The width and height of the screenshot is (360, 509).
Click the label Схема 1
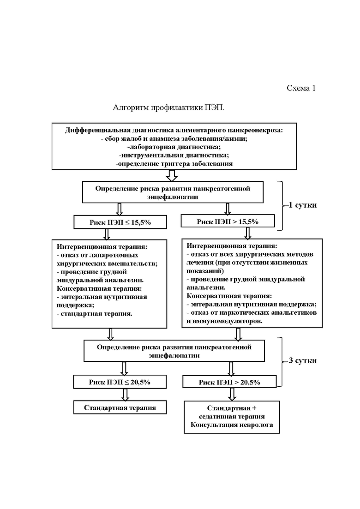pyautogui.click(x=301, y=88)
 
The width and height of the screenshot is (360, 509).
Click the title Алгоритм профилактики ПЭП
pyautogui.click(x=168, y=108)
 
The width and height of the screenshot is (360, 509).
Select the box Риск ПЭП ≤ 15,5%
pyautogui.click(x=120, y=222)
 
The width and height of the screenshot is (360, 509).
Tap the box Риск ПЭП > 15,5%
pyautogui.click(x=228, y=222)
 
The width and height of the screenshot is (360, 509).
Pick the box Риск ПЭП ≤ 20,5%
pyautogui.click(x=120, y=382)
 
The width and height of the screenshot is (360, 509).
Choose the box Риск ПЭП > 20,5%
pyautogui.click(x=229, y=382)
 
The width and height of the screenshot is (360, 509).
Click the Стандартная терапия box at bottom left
pyautogui.click(x=120, y=407)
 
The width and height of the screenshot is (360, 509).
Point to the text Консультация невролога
pyautogui.click(x=231, y=425)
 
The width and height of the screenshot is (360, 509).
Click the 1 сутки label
pyautogui.click(x=303, y=205)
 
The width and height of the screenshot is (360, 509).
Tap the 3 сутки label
pyautogui.click(x=303, y=360)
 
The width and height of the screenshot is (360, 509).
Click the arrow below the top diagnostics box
pyautogui.click(x=172, y=176)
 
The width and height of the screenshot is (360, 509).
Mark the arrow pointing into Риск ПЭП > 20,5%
pyautogui.click(x=231, y=369)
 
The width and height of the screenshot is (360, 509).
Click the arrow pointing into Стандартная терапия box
pyautogui.click(x=125, y=395)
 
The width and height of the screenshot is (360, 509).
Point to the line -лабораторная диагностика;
pyautogui.click(x=174, y=147)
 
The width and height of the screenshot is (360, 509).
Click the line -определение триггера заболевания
pyautogui.click(x=174, y=164)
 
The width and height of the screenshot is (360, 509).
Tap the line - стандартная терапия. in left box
pyautogui.click(x=95, y=314)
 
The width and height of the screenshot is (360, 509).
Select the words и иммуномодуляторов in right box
pyautogui.click(x=224, y=321)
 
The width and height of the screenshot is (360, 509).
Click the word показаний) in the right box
pyautogui.click(x=205, y=271)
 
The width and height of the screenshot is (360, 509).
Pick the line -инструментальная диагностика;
pyautogui.click(x=174, y=155)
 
